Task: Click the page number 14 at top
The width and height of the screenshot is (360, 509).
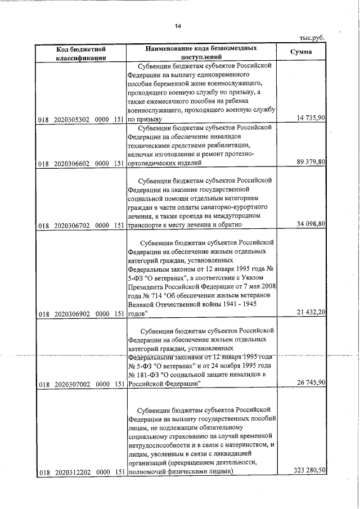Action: pyautogui.click(x=178, y=26)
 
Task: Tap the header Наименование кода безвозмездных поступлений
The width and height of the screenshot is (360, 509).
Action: pyautogui.click(x=202, y=53)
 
